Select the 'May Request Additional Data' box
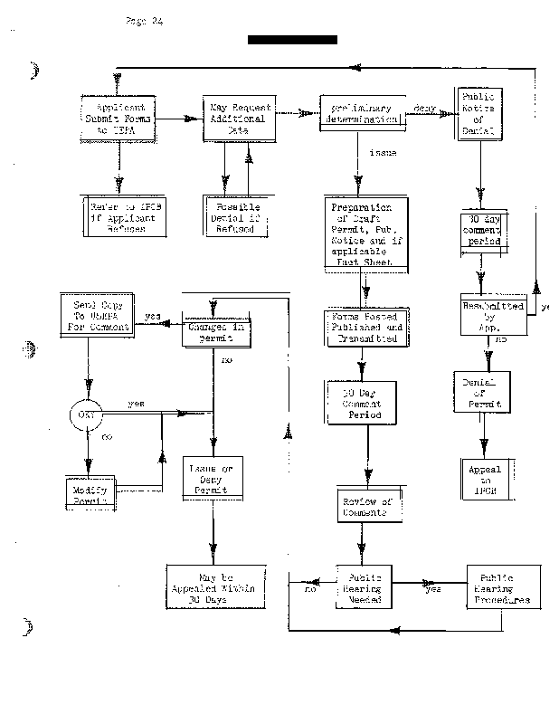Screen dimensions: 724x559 238,117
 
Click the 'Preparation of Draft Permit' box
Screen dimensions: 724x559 365,233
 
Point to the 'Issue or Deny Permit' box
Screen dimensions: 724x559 212,479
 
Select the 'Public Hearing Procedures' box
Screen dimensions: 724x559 504,587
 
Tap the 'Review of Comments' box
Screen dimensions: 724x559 366,507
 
